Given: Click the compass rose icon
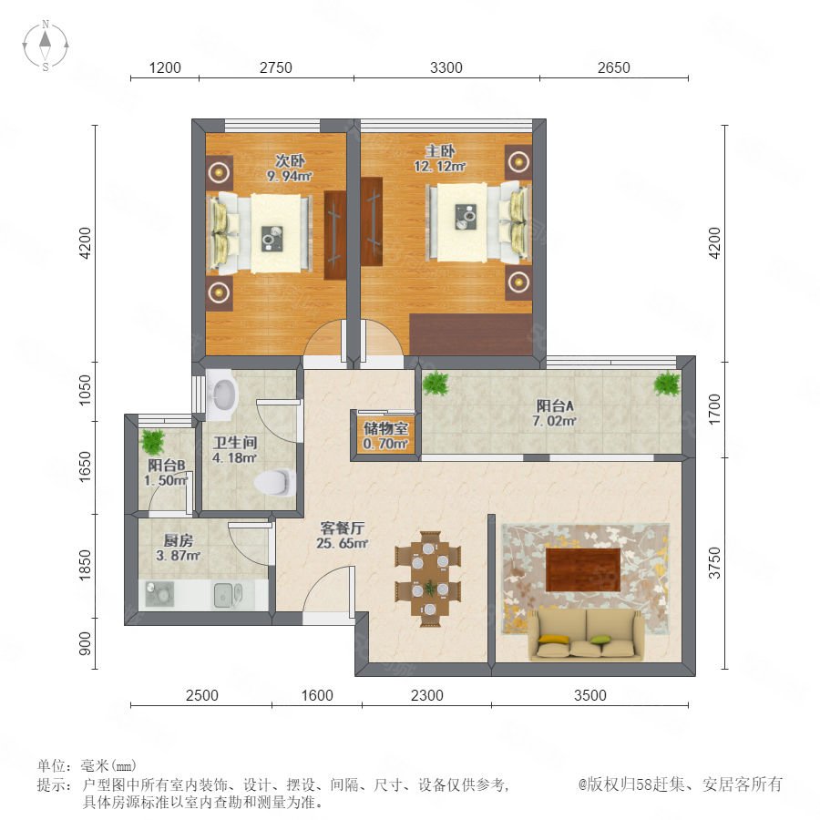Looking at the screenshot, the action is click(46, 45).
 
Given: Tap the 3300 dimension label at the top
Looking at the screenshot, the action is click(446, 67).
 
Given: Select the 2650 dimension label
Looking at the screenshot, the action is click(614, 67).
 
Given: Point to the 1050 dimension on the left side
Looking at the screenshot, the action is click(85, 390).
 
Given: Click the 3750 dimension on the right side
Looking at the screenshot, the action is click(714, 563).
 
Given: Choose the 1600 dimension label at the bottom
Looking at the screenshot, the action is click(317, 695).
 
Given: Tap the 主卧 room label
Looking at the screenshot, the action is click(439, 151).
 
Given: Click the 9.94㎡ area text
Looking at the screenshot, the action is click(289, 176).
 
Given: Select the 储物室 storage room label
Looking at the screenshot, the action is click(386, 429).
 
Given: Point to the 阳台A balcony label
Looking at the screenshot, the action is click(555, 405).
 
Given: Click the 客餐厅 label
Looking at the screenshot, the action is click(342, 528).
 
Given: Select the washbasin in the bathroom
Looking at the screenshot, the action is click(222, 395).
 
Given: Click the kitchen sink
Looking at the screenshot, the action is click(228, 595).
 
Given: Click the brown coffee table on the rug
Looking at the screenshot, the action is click(583, 569).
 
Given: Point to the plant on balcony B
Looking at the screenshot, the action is click(153, 442).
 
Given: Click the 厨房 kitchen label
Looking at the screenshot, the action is click(179, 540).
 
